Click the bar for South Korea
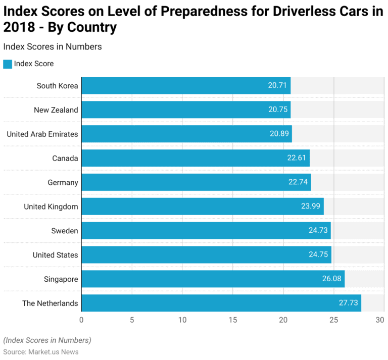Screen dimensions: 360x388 pos(186,85)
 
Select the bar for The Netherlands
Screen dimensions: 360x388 pos(221,303)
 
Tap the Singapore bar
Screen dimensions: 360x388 pos(213,279)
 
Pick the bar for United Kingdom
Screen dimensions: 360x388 pos(202,206)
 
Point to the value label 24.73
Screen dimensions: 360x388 pos(318,231)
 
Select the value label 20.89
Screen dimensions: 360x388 pos(280,134)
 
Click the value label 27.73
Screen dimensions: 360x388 pos(349,303)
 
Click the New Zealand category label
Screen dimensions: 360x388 pos(56,110)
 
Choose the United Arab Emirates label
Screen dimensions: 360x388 pos(42,134)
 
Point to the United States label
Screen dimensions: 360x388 pos(56,255)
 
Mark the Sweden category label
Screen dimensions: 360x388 pos(65,231)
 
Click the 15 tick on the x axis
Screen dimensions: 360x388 pos(233,320)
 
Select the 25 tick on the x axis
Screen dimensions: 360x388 pos(334,320)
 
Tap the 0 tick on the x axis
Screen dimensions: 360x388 pos(81,320)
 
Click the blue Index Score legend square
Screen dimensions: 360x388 pos(8,64)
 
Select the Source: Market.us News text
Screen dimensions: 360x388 pos(41,351)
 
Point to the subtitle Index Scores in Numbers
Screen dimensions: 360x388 pos(53,46)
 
